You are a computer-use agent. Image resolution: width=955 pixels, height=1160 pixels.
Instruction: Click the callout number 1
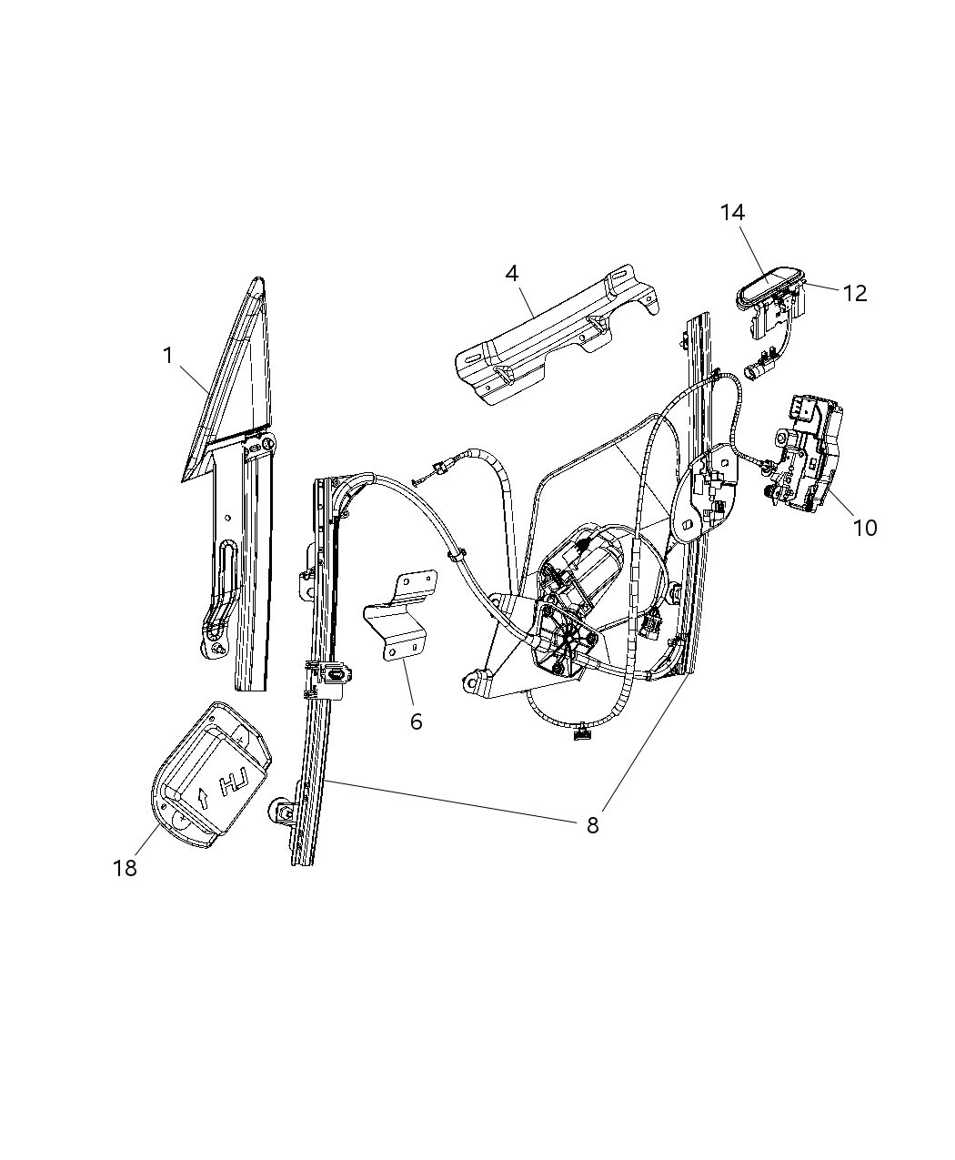167,356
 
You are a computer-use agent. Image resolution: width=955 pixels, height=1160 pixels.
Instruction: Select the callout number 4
512,273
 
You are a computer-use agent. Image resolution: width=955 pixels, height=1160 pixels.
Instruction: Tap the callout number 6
417,721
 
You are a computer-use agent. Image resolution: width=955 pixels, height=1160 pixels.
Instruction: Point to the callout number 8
592,825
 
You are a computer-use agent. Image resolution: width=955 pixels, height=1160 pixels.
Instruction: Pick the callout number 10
865,527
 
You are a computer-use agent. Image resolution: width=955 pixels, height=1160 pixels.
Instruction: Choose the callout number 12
855,293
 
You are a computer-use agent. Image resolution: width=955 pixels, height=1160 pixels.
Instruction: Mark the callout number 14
732,212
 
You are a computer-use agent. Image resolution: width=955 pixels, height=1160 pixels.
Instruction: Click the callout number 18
125,868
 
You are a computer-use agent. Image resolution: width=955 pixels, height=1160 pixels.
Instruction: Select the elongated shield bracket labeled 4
555,337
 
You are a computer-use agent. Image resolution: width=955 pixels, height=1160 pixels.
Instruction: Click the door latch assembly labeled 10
807,455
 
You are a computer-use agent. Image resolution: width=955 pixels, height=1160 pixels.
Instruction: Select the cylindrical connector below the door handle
756,370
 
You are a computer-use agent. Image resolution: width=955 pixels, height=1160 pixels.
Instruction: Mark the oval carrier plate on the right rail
704,491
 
